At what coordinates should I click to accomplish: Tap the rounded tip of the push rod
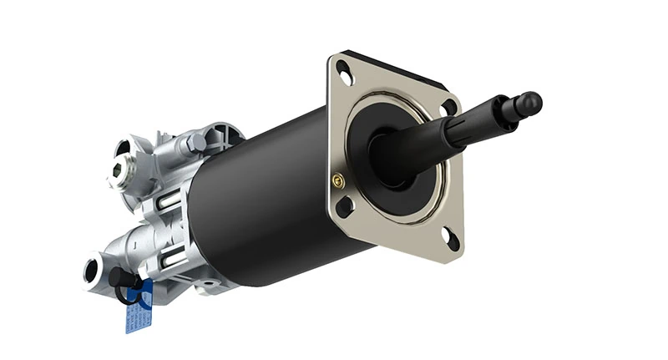pos(529,104)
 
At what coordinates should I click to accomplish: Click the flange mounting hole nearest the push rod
pos(449,108)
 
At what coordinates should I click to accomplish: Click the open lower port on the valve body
pos(90,269)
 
